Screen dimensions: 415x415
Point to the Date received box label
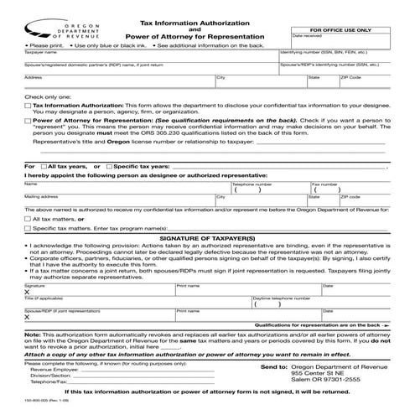tap(307, 37)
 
